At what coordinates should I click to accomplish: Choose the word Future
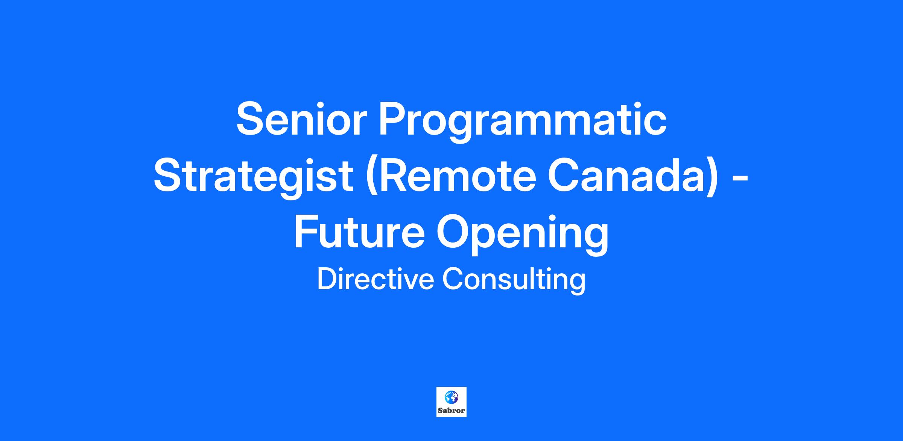click(x=359, y=232)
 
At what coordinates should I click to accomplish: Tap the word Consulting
click(x=514, y=281)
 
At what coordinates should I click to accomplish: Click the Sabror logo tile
click(x=451, y=402)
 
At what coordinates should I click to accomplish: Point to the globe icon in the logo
click(x=451, y=396)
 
